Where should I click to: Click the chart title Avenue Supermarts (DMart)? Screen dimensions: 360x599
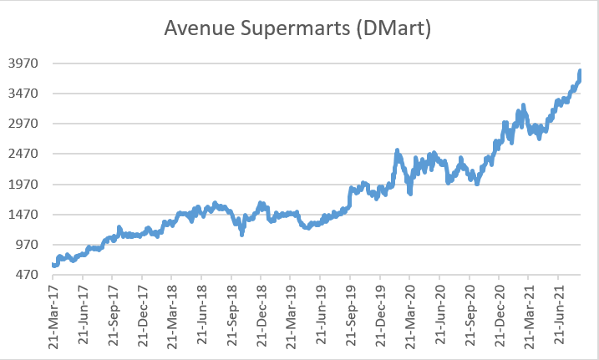(x=298, y=28)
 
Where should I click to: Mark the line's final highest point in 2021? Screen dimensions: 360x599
(x=580, y=71)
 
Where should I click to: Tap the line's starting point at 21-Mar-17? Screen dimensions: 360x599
(x=53, y=265)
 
